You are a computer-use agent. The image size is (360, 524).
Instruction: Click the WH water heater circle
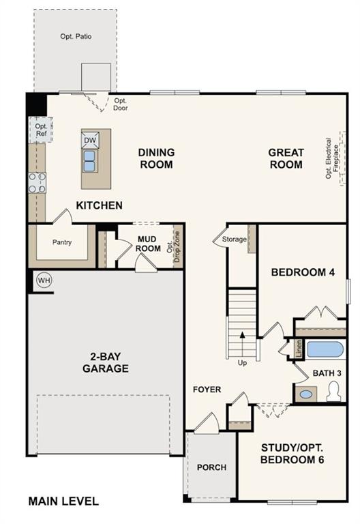tap(44, 280)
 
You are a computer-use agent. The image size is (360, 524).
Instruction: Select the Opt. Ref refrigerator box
tap(41, 130)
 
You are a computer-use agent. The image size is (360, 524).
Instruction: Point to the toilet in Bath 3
tap(334, 392)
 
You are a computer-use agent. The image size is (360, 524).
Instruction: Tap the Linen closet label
tap(299, 349)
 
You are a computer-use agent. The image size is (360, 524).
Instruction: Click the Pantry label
tap(62, 242)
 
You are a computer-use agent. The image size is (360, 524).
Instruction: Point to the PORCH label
tap(211, 467)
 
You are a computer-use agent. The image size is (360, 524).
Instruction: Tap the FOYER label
tap(207, 390)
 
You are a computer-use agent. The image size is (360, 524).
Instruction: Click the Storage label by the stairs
tap(234, 239)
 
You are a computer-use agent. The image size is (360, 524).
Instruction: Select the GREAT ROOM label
tap(286, 158)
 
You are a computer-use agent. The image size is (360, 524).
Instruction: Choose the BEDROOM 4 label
tap(303, 272)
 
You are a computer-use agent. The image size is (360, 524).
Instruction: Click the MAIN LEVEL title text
tap(63, 501)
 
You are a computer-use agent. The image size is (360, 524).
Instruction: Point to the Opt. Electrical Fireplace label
tap(331, 158)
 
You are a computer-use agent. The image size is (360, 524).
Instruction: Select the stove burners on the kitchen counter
tap(37, 182)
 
